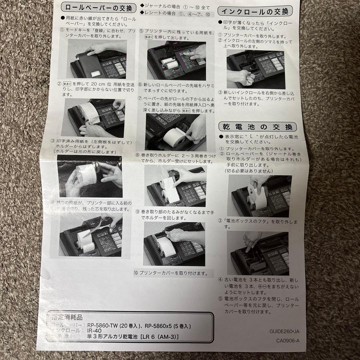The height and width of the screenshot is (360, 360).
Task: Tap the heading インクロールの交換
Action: coord(255,11)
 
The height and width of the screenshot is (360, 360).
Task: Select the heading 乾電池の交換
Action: coord(257,127)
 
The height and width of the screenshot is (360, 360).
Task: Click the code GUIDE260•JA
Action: coord(284,331)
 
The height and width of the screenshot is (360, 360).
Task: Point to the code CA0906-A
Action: coord(288,341)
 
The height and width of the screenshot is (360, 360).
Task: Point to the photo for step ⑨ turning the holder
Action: coord(174,244)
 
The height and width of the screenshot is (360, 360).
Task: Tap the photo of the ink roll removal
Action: coord(256,69)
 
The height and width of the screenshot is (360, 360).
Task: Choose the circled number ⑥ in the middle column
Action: coord(141,85)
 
